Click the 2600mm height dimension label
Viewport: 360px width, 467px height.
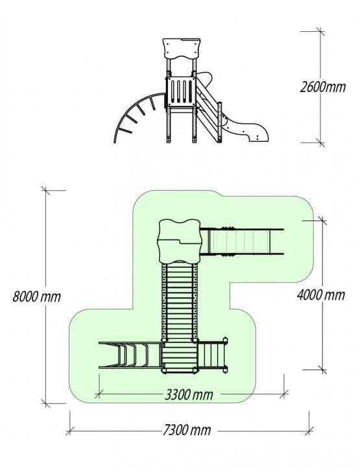(x=323, y=88)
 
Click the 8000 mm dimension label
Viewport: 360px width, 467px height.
(x=36, y=296)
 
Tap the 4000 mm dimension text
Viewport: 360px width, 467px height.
(x=321, y=295)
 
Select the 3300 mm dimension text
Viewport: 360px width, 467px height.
(x=189, y=395)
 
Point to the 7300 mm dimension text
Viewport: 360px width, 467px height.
(x=187, y=430)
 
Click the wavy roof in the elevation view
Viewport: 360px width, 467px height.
(x=182, y=49)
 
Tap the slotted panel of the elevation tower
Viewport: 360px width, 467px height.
(x=182, y=91)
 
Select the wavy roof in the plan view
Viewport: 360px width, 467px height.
(x=179, y=241)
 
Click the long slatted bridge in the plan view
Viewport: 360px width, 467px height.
(x=180, y=302)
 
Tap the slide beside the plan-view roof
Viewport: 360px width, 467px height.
(x=242, y=241)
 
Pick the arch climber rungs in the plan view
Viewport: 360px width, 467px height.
(x=130, y=355)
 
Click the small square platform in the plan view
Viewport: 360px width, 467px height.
(x=180, y=356)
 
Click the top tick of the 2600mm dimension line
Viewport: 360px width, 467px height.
(x=320, y=31)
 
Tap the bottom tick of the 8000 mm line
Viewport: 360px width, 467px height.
(x=45, y=403)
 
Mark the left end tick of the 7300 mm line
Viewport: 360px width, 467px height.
(x=70, y=431)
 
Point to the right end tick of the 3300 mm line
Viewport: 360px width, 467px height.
(x=284, y=394)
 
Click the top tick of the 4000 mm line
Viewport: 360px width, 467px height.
(x=322, y=221)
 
